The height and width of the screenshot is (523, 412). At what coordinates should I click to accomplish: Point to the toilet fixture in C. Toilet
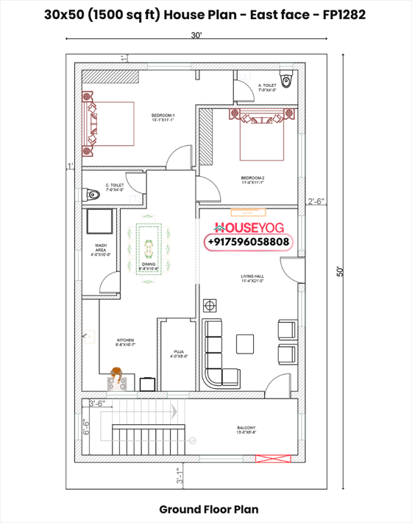pyautogui.click(x=92, y=194)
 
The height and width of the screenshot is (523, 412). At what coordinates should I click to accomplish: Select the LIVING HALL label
pyautogui.click(x=252, y=279)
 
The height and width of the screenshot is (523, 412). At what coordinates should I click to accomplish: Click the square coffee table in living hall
pyautogui.click(x=244, y=340)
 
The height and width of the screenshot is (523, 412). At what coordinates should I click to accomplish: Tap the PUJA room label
pyautogui.click(x=178, y=354)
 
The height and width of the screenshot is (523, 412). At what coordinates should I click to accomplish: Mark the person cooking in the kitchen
pyautogui.click(x=116, y=376)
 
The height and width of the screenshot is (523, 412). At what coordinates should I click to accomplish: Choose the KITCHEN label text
pyautogui.click(x=124, y=342)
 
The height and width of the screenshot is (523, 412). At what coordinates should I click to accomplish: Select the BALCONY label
pyautogui.click(x=246, y=429)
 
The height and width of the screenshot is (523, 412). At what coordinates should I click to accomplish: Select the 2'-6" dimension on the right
pyautogui.click(x=316, y=200)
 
